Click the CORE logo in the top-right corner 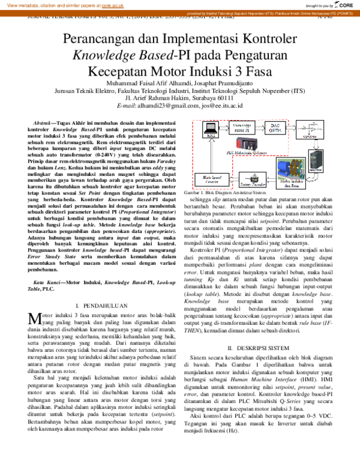click(343, 5)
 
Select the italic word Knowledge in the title click(104, 56)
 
